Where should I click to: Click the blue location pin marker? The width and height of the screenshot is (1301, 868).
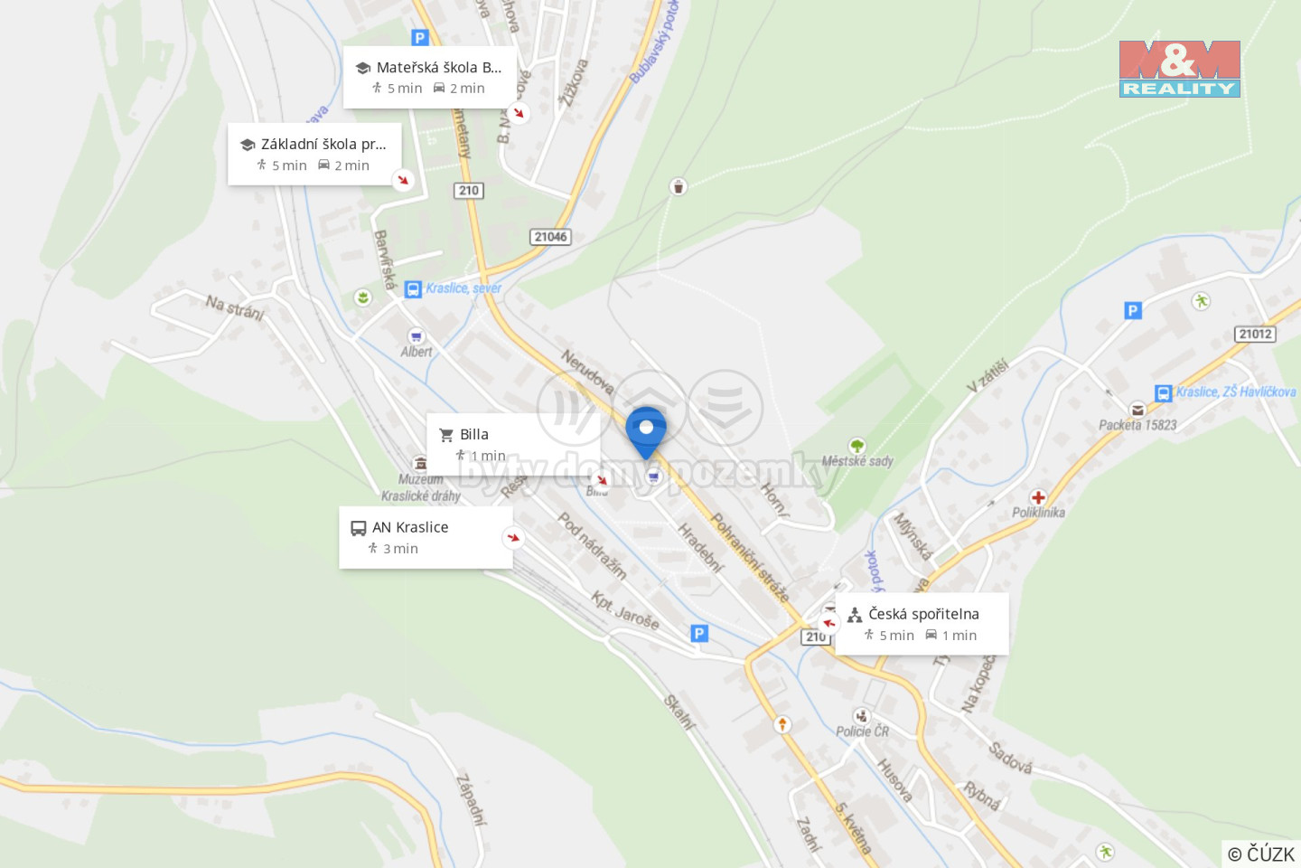tap(646, 429)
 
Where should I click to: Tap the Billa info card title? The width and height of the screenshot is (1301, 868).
tap(473, 435)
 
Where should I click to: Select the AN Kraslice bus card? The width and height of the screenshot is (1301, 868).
tap(425, 537)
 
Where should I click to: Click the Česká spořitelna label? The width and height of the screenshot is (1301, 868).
tap(923, 614)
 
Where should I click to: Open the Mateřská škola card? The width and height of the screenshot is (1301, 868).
tap(429, 77)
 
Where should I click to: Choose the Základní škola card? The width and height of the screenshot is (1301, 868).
tap(314, 154)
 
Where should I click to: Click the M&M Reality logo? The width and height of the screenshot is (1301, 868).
tap(1179, 69)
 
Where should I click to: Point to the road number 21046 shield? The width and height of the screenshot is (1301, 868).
tap(550, 237)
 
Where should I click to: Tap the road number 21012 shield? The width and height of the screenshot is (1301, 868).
tap(1255, 335)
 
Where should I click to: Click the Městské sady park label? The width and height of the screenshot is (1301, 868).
tap(857, 461)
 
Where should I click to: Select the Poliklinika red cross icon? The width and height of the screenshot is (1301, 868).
tap(1038, 497)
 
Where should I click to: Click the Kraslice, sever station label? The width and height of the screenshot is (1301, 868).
tap(463, 288)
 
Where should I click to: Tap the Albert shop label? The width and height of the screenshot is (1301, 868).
tap(417, 352)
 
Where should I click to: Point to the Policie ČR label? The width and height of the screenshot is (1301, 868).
tap(862, 731)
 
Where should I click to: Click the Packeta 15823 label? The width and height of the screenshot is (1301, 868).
tap(1137, 425)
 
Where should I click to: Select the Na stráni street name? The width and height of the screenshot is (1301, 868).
tap(235, 307)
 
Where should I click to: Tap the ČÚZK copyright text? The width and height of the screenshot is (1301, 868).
tap(1260, 854)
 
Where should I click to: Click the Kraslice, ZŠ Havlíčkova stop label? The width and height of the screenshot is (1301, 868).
tap(1235, 392)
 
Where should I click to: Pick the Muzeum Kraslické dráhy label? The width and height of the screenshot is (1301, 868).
tap(420, 487)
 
